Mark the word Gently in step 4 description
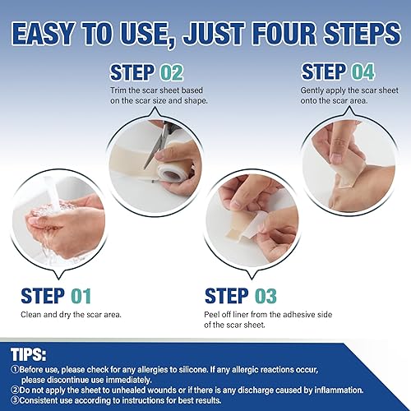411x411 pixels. click(x=317, y=88)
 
